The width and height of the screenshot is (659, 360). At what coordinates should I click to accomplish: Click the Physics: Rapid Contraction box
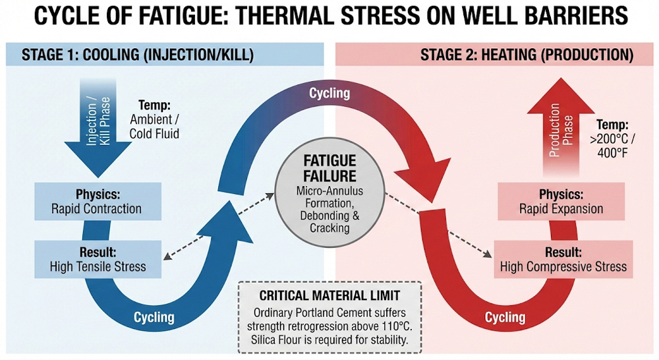pos(97,202)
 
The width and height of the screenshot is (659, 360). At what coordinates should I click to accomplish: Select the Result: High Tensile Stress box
pos(97,259)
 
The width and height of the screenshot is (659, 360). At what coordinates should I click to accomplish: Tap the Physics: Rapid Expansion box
pos(562,202)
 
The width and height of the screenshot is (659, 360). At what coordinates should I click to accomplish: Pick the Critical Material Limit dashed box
pos(329,317)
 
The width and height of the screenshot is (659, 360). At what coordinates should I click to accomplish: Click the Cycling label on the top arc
pos(329,93)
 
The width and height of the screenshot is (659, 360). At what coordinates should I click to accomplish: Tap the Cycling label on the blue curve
pos(154,317)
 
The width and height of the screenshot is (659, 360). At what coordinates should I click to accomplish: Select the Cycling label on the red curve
pos(505,317)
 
